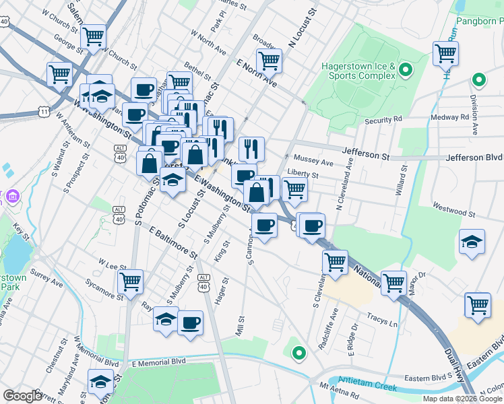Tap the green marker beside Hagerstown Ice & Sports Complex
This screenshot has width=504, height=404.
[406, 69]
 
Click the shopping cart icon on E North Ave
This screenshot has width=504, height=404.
[269, 61]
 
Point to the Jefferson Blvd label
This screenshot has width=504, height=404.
[475, 157]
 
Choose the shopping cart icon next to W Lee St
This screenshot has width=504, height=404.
[130, 281]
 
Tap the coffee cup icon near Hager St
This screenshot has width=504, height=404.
[190, 323]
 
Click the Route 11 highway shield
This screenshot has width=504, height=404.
[44, 112]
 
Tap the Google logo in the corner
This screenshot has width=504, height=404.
[22, 395]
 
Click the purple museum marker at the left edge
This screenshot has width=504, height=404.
[13, 197]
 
